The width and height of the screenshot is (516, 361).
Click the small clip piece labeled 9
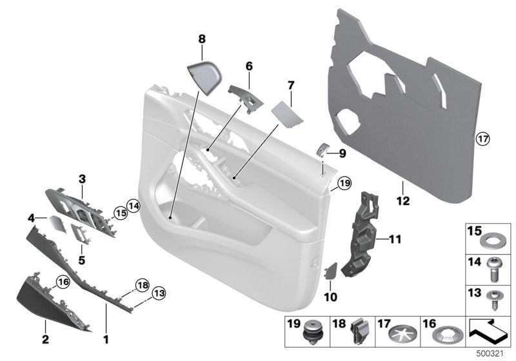point(322,151)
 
